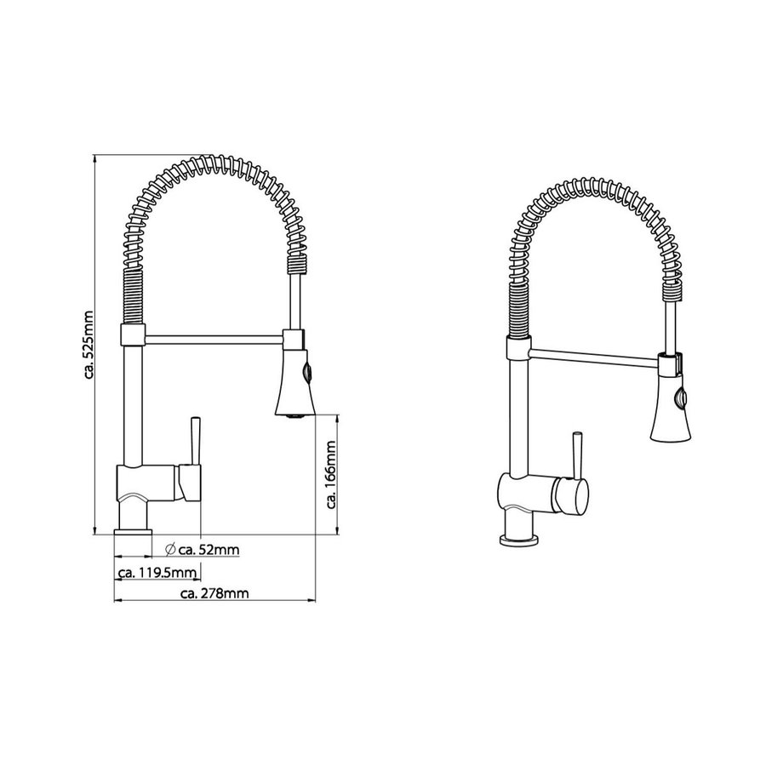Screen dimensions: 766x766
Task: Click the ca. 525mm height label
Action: [x=89, y=345]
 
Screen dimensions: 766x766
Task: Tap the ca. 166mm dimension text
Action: [x=332, y=475]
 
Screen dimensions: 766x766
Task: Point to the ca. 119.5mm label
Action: [x=157, y=573]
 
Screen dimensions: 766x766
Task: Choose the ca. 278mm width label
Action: [x=214, y=594]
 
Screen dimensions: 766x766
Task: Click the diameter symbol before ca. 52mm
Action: [x=170, y=550]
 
